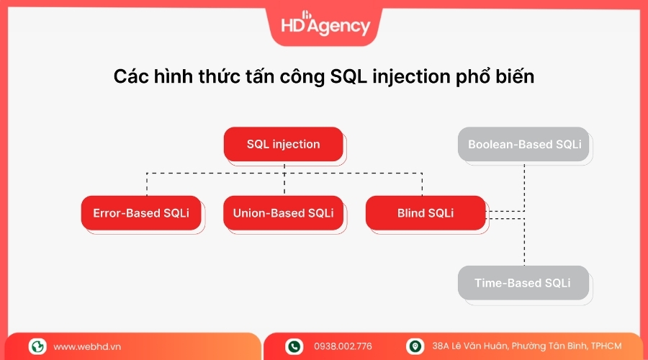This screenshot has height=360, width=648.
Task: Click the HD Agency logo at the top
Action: pyautogui.click(x=325, y=24)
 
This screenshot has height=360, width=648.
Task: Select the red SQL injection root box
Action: pyautogui.click(x=283, y=144)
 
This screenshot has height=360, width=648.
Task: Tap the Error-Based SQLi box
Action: pyautogui.click(x=141, y=213)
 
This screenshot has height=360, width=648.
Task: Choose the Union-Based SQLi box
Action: pyautogui.click(x=283, y=213)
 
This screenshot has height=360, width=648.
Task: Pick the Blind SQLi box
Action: pyautogui.click(x=425, y=213)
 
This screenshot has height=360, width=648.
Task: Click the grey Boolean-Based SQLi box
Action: pyautogui.click(x=523, y=144)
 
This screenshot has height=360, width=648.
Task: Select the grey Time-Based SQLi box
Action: pyautogui.click(x=523, y=283)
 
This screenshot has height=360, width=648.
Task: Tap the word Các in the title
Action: pyautogui.click(x=129, y=77)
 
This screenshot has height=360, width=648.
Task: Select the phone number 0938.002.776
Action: pyautogui.click(x=343, y=347)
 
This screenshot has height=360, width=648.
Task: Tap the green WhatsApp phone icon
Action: pyautogui.click(x=294, y=347)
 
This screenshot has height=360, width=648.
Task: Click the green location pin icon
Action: pyautogui.click(x=415, y=347)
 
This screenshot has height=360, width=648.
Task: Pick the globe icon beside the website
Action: pyautogui.click(x=37, y=347)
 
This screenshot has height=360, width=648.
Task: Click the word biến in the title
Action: pyautogui.click(x=516, y=77)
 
